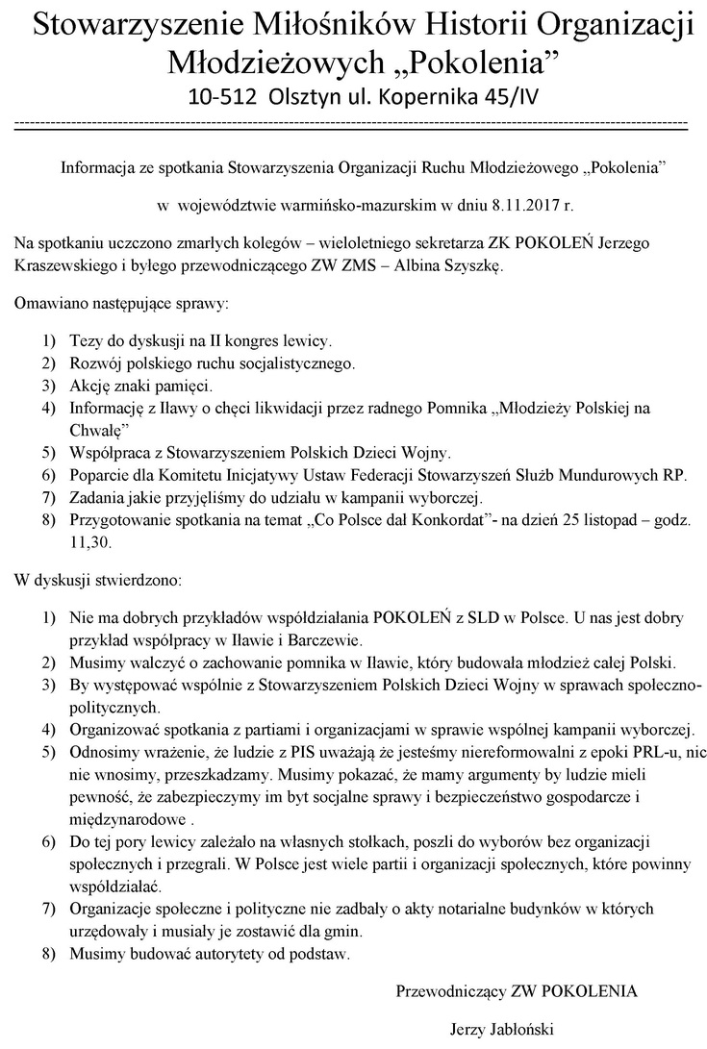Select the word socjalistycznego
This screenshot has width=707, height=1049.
297,363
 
